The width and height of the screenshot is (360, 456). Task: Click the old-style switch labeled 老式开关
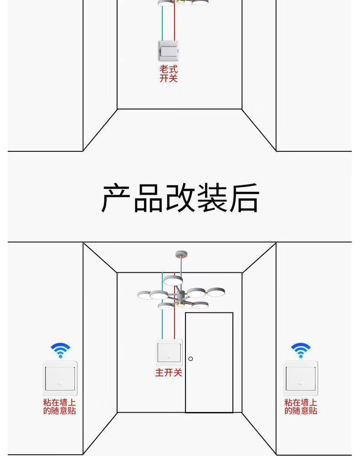pyautogui.click(x=169, y=51)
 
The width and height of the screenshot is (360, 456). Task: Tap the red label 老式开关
pyautogui.click(x=168, y=74)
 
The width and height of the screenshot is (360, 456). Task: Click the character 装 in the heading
pyautogui.click(x=212, y=198)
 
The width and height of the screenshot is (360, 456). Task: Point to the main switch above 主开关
pyautogui.click(x=169, y=352)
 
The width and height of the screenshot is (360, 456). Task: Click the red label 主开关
pyautogui.click(x=169, y=373)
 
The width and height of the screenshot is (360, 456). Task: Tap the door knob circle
pyautogui.click(x=191, y=358)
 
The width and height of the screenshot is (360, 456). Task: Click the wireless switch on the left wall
pyautogui.click(x=60, y=378)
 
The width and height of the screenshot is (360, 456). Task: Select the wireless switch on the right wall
pyautogui.click(x=300, y=378)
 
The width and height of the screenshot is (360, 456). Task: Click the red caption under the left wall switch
pyautogui.click(x=60, y=407)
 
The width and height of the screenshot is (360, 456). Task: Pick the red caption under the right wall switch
pyautogui.click(x=301, y=407)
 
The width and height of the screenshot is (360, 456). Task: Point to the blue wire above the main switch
pyautogui.click(x=162, y=319)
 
